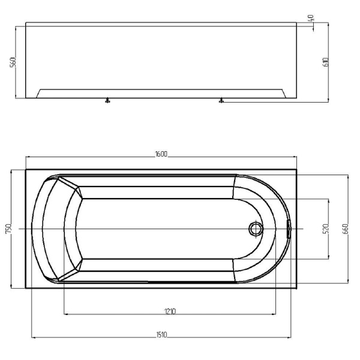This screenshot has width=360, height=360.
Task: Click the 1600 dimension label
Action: point(161,154)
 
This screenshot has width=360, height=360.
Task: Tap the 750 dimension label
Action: point(8,229)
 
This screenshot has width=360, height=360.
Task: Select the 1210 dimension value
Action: point(170,311)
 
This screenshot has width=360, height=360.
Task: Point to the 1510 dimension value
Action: point(161,335)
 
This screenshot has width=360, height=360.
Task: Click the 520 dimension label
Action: point(326,229)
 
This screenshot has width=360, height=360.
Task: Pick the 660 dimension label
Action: point(346,229)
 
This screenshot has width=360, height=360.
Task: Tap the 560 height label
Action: point(13,62)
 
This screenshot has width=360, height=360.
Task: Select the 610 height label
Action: point(326,62)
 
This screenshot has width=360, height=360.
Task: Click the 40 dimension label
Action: point(311,18)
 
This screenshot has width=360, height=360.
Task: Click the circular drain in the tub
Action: point(256,229)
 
